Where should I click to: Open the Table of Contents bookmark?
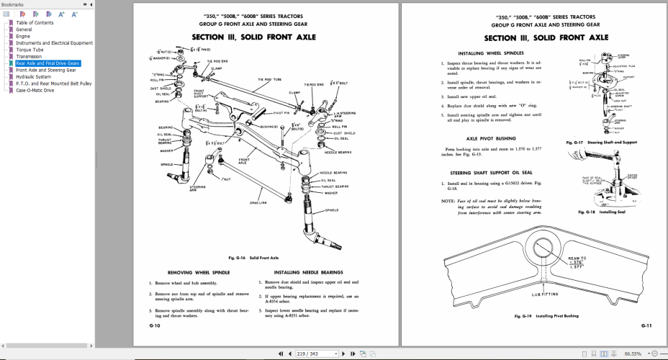click(34, 22)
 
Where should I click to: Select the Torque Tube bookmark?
click(30, 50)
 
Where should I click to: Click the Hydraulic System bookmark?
click(33, 77)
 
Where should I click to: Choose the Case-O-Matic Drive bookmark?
click(35, 91)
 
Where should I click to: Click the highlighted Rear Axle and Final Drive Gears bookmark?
click(48, 63)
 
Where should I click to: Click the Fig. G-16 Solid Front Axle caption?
click(253, 257)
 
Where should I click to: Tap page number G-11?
click(646, 325)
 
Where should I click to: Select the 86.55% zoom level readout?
click(633, 354)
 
